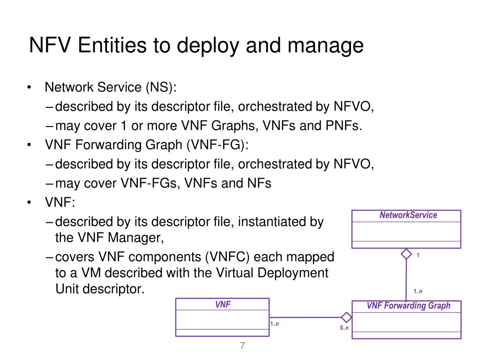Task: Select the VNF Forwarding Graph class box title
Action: tap(408, 306)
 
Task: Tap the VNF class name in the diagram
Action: tap(223, 305)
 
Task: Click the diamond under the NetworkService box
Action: tap(406, 254)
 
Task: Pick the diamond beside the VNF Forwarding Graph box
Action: tap(346, 317)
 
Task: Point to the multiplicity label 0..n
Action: tap(344, 328)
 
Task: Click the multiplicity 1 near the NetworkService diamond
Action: tap(418, 255)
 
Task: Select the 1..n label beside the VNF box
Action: tap(275, 324)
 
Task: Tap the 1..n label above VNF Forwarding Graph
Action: tap(418, 292)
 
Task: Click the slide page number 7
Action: tap(242, 346)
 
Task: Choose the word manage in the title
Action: tap(331, 46)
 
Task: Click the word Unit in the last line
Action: tap(67, 289)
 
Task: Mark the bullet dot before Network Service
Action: tap(30, 88)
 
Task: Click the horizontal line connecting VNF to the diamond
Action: tap(305, 317)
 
